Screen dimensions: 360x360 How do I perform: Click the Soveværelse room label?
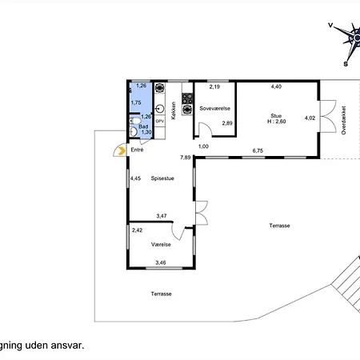coord(214,106)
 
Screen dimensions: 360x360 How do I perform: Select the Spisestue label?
coord(162,178)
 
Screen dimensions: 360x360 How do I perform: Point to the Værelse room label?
coord(162,245)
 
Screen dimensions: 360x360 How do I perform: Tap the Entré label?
coord(138,149)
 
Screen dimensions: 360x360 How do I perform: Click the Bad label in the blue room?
coord(144,126)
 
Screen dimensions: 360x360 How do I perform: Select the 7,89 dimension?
coord(186,158)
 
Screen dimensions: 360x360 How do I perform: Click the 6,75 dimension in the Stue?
coord(258,150)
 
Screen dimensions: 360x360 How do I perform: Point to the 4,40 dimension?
coord(276,86)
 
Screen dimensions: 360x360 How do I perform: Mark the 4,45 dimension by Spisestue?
coord(136,178)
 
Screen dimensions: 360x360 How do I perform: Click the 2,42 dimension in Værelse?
coord(137,230)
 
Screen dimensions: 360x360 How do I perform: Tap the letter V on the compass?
coord(330,26)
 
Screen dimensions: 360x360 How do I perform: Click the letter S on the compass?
coord(346,63)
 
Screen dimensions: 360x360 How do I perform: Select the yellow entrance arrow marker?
coord(120,149)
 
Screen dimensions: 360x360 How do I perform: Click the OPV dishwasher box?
coord(159,120)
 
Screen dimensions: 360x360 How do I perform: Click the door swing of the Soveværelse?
coord(204,130)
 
